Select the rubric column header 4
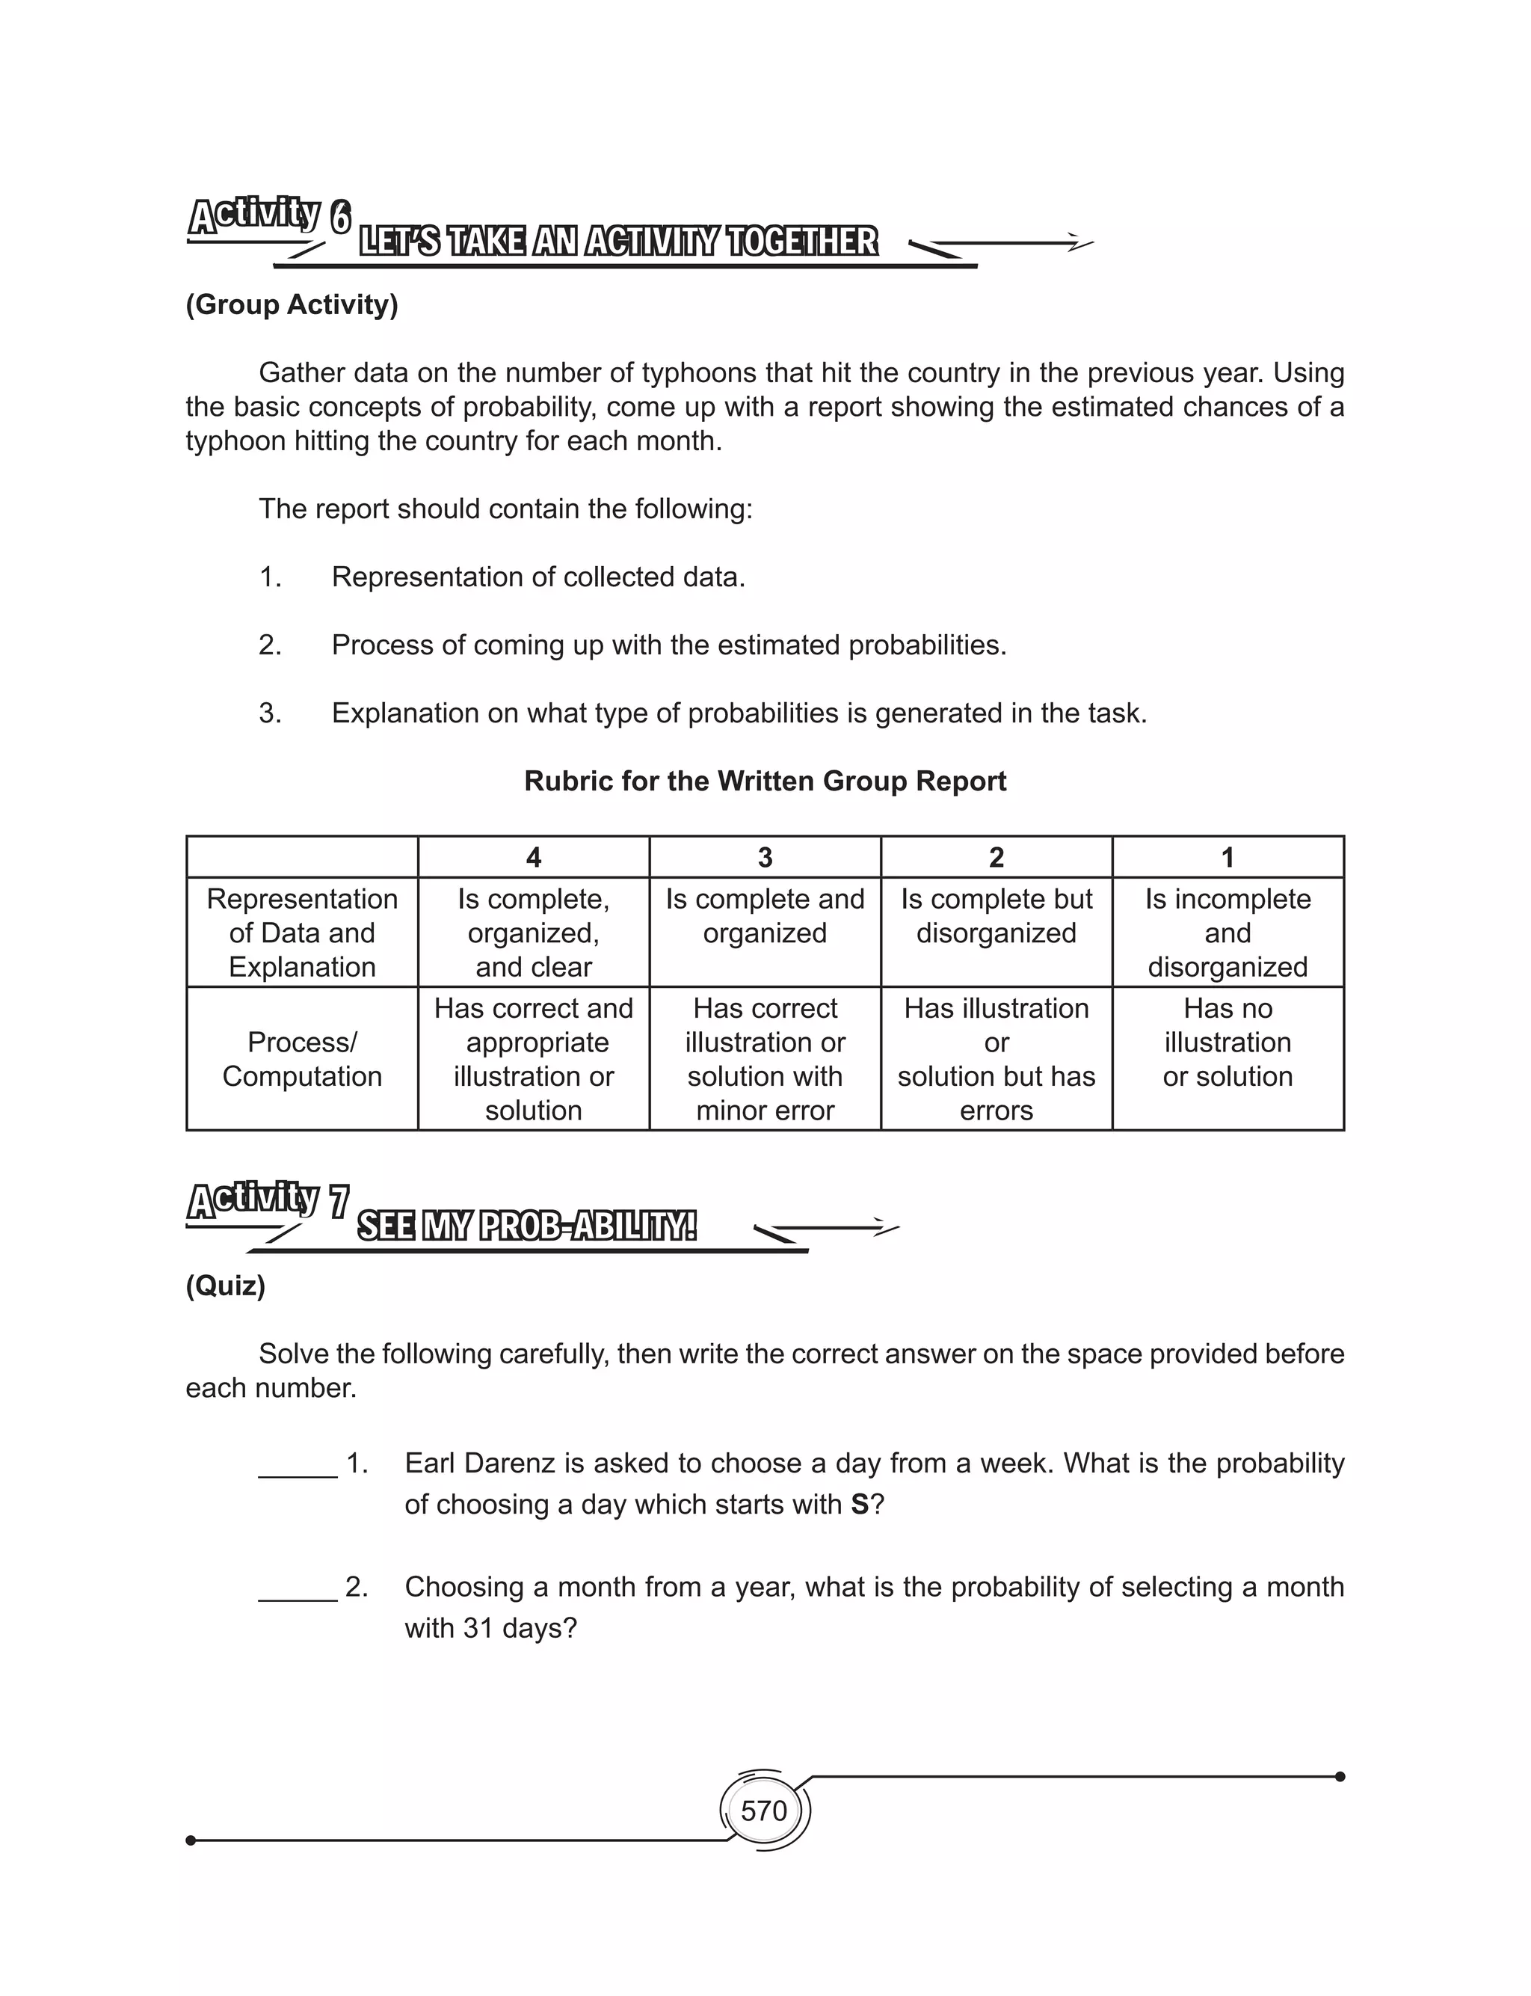[533, 857]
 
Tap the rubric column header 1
[1227, 857]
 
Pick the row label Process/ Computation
[302, 1059]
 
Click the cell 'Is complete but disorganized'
[996, 916]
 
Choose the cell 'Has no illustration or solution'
[1227, 1042]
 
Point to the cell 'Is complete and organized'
[765, 916]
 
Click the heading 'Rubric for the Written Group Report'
[765, 781]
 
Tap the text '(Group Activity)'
[292, 304]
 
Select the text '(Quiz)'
[225, 1286]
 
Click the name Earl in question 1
[430, 1464]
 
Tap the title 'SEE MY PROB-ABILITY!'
[527, 1226]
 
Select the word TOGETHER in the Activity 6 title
[802, 242]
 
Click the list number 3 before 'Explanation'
[270, 713]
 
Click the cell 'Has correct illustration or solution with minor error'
[765, 1059]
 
